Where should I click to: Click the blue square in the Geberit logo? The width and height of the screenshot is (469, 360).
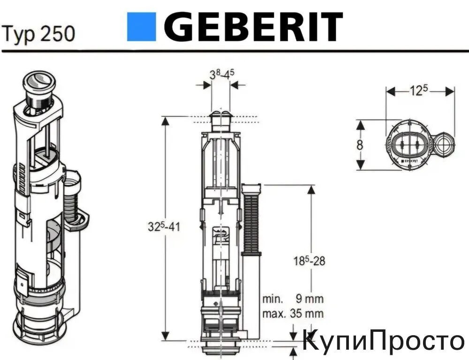(142, 27)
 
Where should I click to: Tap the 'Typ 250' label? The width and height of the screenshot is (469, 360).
(38, 33)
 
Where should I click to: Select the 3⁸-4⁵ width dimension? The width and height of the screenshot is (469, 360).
(222, 74)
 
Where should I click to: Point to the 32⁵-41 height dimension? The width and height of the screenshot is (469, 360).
(164, 227)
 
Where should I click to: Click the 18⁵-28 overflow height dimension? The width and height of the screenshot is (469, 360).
(309, 261)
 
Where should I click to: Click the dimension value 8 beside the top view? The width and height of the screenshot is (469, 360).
(360, 145)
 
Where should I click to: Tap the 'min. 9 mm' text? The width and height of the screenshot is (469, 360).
(293, 299)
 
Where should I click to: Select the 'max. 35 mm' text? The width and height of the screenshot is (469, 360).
(293, 314)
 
